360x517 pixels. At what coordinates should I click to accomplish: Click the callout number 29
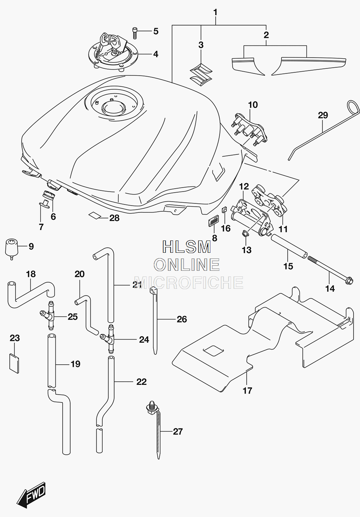[323, 115]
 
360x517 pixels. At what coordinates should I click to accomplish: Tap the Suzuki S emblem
[201, 75]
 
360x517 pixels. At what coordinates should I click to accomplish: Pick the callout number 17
[247, 391]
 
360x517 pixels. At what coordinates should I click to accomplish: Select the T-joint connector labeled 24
[109, 339]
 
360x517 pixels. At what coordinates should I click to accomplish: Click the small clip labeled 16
[224, 210]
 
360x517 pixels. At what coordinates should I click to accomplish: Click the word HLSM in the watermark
[187, 247]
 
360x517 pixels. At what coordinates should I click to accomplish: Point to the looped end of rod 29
[353, 108]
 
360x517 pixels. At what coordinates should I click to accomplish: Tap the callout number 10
[253, 105]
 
